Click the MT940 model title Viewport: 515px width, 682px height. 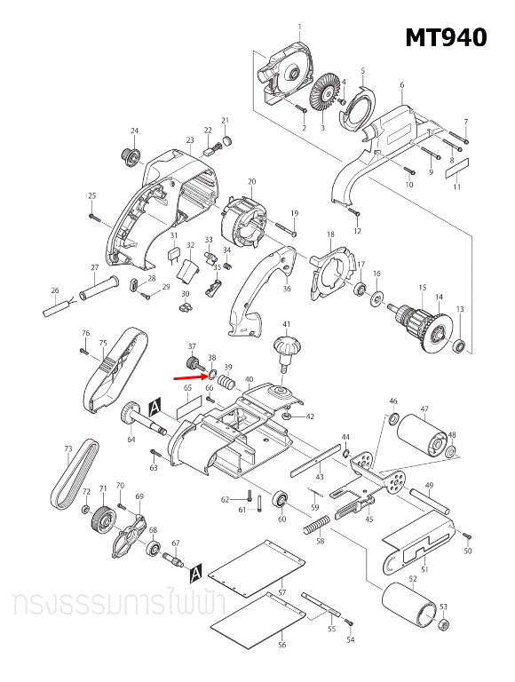point(446,38)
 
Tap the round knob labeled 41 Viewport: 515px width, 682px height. point(286,347)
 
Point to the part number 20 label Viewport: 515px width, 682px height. point(251,182)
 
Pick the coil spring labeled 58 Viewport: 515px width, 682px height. point(315,527)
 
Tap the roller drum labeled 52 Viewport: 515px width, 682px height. point(412,613)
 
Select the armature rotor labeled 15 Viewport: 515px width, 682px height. point(416,314)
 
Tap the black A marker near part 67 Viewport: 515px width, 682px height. point(196,568)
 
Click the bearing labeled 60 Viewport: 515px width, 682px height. point(281,499)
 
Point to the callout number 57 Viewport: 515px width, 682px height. point(281,591)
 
